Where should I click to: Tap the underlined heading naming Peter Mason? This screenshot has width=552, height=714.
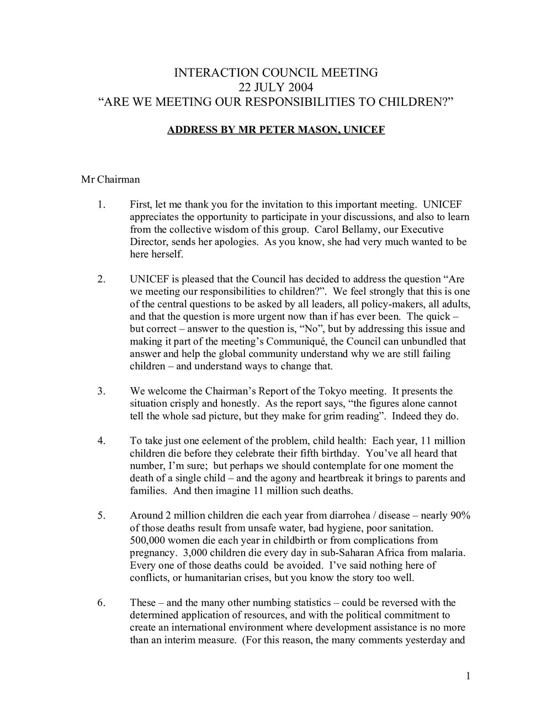[276, 131]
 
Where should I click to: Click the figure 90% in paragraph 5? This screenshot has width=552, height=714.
[459, 515]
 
